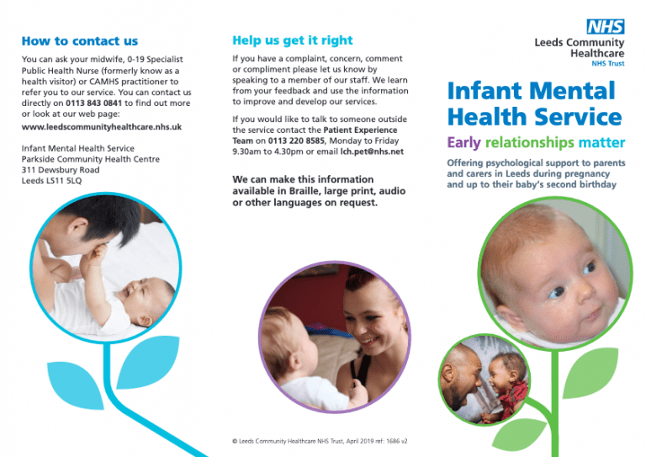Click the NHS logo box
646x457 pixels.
click(x=606, y=26)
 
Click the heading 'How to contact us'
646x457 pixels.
click(x=80, y=40)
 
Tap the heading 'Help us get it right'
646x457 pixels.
click(x=292, y=40)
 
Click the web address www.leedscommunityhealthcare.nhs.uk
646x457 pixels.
click(x=101, y=126)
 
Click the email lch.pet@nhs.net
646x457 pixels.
click(x=372, y=151)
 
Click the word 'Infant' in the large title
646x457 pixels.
click(x=490, y=91)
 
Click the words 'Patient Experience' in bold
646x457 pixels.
click(x=363, y=130)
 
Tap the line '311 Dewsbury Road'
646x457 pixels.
click(x=61, y=170)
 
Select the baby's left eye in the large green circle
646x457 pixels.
click(x=590, y=268)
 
